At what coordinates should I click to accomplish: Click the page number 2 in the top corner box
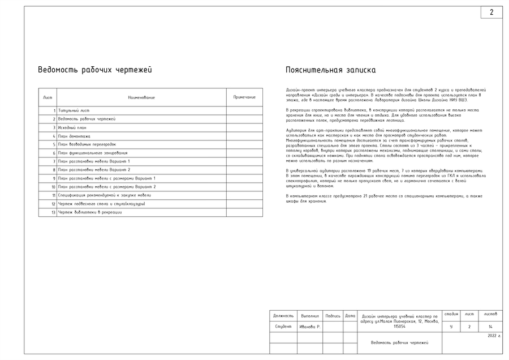tap(491, 12)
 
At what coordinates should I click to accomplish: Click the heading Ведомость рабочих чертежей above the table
tap(94, 70)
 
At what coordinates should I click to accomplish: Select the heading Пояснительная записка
tap(331, 70)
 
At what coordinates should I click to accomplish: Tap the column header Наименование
tap(141, 97)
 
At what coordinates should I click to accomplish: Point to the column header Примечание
tap(244, 97)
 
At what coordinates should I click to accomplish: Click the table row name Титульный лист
tap(74, 110)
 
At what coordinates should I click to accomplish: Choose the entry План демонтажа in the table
tap(74, 136)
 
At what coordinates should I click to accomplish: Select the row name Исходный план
tap(72, 127)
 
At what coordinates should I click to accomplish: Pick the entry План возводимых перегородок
tap(87, 144)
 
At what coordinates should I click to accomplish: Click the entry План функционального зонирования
tap(93, 153)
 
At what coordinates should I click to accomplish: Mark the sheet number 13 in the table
tap(53, 212)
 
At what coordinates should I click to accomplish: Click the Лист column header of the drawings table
tap(48, 97)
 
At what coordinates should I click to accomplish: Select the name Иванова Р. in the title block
tap(310, 327)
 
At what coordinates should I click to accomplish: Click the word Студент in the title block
tap(283, 327)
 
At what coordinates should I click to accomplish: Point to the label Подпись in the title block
tap(333, 316)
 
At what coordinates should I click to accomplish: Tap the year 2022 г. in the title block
tap(494, 336)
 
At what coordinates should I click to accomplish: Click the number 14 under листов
tap(490, 327)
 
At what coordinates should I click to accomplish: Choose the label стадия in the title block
tap(451, 314)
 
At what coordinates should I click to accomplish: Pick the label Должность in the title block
tap(283, 316)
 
